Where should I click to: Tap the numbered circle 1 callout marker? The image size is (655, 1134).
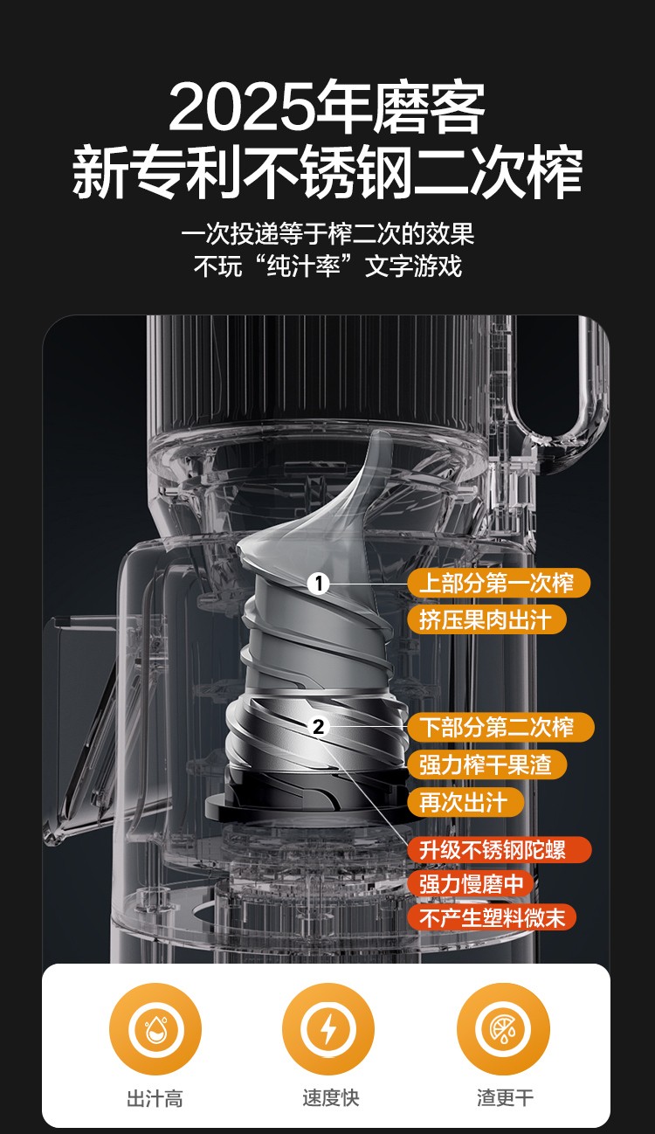(x=319, y=584)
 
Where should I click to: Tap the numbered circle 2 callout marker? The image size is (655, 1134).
(x=319, y=727)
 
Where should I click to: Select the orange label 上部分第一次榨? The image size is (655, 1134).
(x=499, y=583)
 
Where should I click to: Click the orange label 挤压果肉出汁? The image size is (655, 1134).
(x=486, y=619)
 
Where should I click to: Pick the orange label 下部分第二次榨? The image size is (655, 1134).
(x=500, y=727)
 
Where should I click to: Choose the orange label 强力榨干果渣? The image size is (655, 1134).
(x=486, y=764)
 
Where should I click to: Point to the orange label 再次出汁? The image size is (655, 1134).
(x=465, y=802)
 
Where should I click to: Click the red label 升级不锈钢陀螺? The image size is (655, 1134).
(x=499, y=850)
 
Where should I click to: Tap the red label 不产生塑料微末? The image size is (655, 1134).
(x=492, y=916)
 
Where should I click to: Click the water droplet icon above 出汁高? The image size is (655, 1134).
(x=155, y=1029)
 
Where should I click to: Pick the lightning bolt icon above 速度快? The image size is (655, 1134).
(x=328, y=1029)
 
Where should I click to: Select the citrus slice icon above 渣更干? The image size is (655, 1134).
(x=503, y=1029)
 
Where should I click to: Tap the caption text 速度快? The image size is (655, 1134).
(x=330, y=1098)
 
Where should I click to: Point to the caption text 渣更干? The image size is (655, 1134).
(x=505, y=1098)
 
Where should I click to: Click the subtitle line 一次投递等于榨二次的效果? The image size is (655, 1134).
(x=327, y=233)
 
